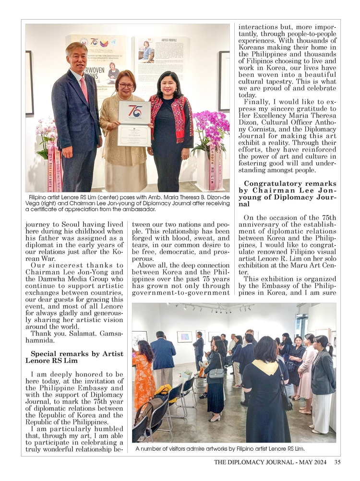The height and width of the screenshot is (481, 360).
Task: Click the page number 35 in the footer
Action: tap(337, 462)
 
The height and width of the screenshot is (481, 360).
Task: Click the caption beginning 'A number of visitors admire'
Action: tap(220, 449)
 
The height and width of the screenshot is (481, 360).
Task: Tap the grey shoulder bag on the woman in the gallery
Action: tap(216, 373)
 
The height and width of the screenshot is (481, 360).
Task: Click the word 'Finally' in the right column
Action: tap(257, 101)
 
